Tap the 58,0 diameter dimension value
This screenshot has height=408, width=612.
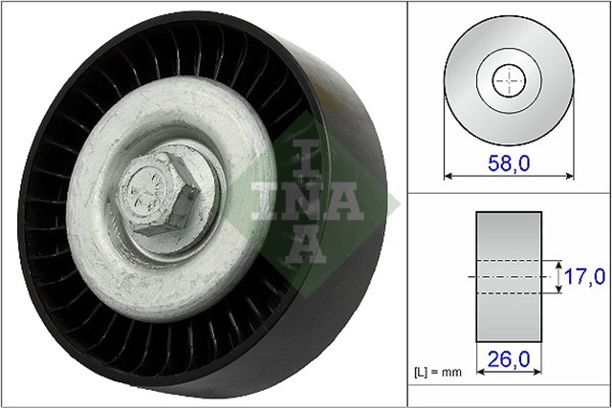pyautogui.click(x=509, y=163)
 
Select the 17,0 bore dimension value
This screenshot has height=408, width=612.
pyautogui.click(x=584, y=276)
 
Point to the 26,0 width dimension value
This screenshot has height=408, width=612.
pyautogui.click(x=509, y=359)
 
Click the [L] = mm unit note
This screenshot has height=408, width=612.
pyautogui.click(x=438, y=372)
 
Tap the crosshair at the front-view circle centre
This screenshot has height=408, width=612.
pyautogui.click(x=509, y=81)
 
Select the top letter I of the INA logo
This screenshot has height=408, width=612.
pyautogui.click(x=306, y=159)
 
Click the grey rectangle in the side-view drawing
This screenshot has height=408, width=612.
pyautogui.click(x=509, y=277)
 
